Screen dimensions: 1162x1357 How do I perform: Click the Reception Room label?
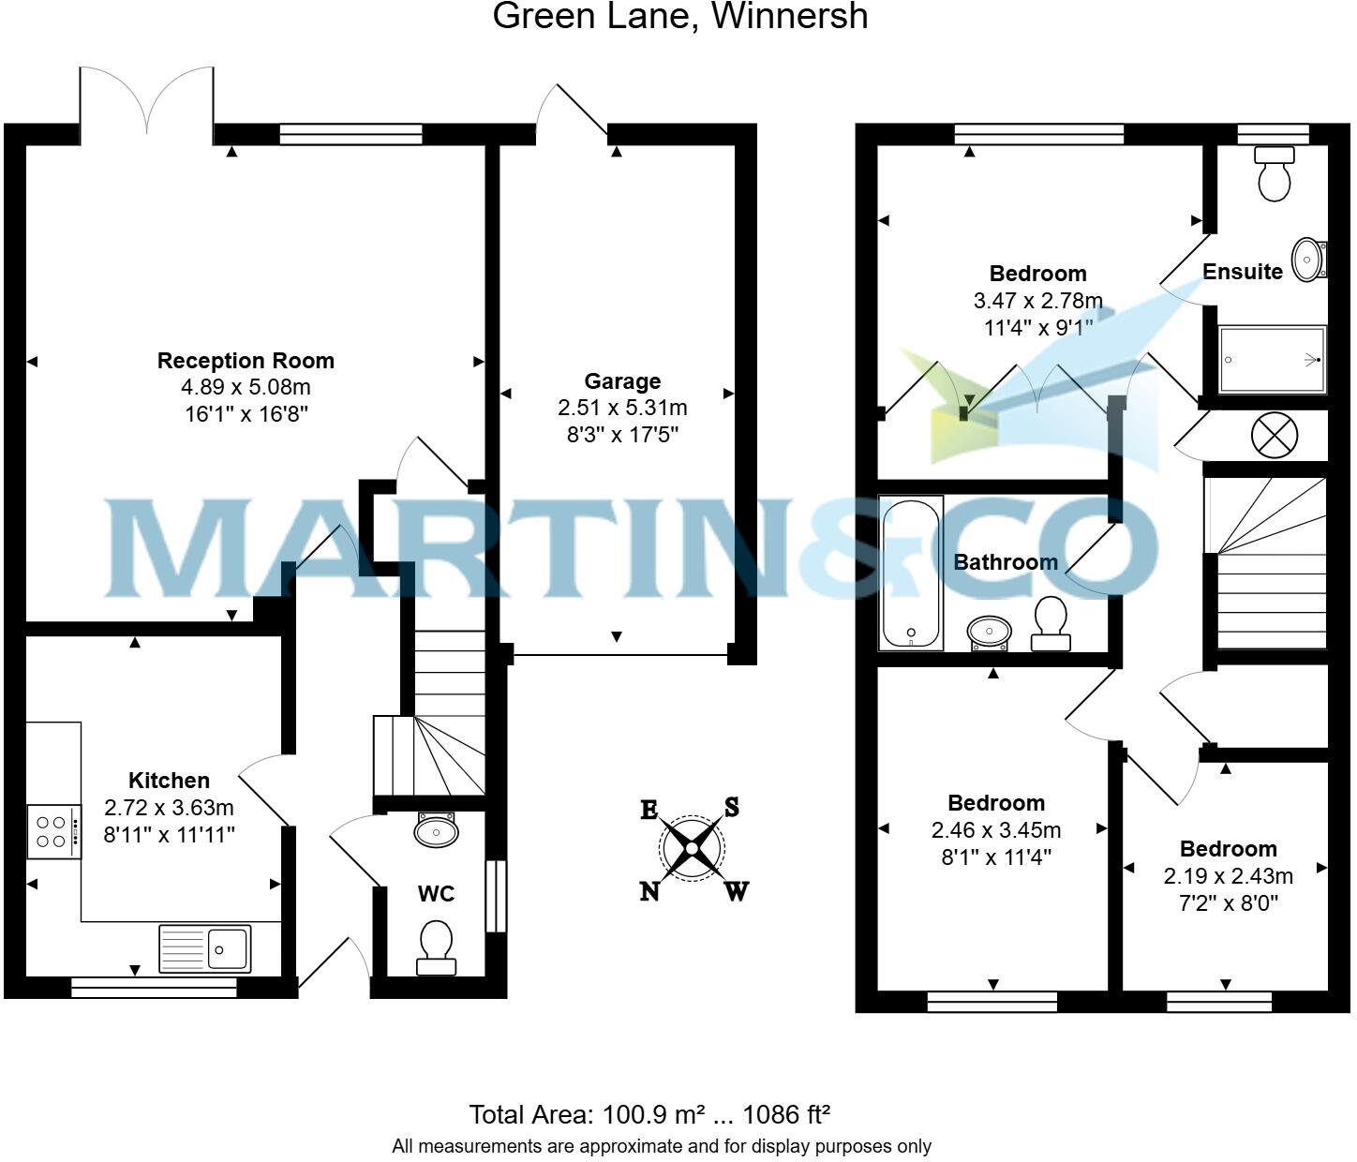[246, 361]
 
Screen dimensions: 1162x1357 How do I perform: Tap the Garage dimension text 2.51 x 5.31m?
[622, 408]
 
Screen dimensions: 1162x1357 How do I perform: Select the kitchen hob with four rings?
[52, 831]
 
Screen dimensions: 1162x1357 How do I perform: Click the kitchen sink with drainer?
[205, 948]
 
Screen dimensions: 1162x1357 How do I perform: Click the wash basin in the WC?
[436, 829]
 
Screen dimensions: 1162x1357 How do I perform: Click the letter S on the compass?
[732, 807]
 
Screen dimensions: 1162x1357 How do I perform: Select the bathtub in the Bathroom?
[910, 574]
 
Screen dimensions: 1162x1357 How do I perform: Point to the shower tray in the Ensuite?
[1272, 360]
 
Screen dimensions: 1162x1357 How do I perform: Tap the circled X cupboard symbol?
[1275, 436]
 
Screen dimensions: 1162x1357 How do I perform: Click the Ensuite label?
[1242, 272]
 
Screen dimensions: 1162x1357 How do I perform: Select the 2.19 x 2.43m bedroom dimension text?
[1228, 876]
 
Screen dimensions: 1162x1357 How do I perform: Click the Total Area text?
[649, 1114]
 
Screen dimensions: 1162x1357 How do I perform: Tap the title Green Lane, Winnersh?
[679, 16]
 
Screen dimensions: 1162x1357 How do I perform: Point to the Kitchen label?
[169, 781]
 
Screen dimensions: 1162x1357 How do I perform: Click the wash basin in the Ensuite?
[1308, 259]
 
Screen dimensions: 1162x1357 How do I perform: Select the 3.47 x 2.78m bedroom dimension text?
[1037, 301]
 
